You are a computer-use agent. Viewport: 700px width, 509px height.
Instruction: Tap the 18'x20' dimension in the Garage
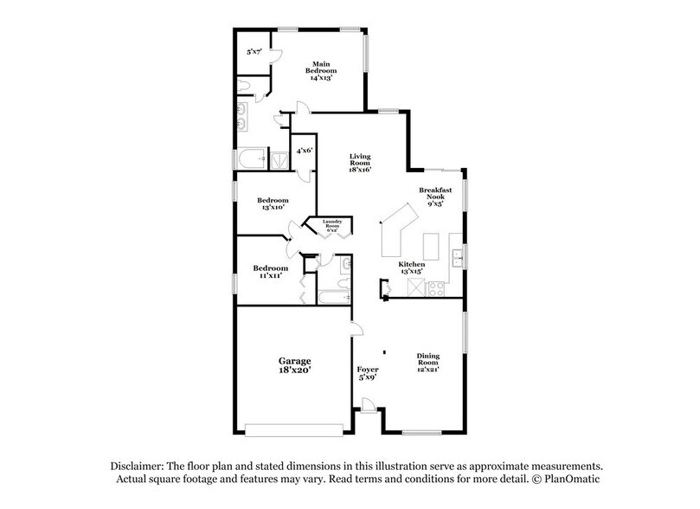click(x=293, y=370)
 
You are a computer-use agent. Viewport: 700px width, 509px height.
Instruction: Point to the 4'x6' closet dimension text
click(x=305, y=151)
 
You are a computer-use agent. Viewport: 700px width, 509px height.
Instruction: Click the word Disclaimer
click(x=140, y=464)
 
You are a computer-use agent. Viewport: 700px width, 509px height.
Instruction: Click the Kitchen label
click(x=412, y=267)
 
